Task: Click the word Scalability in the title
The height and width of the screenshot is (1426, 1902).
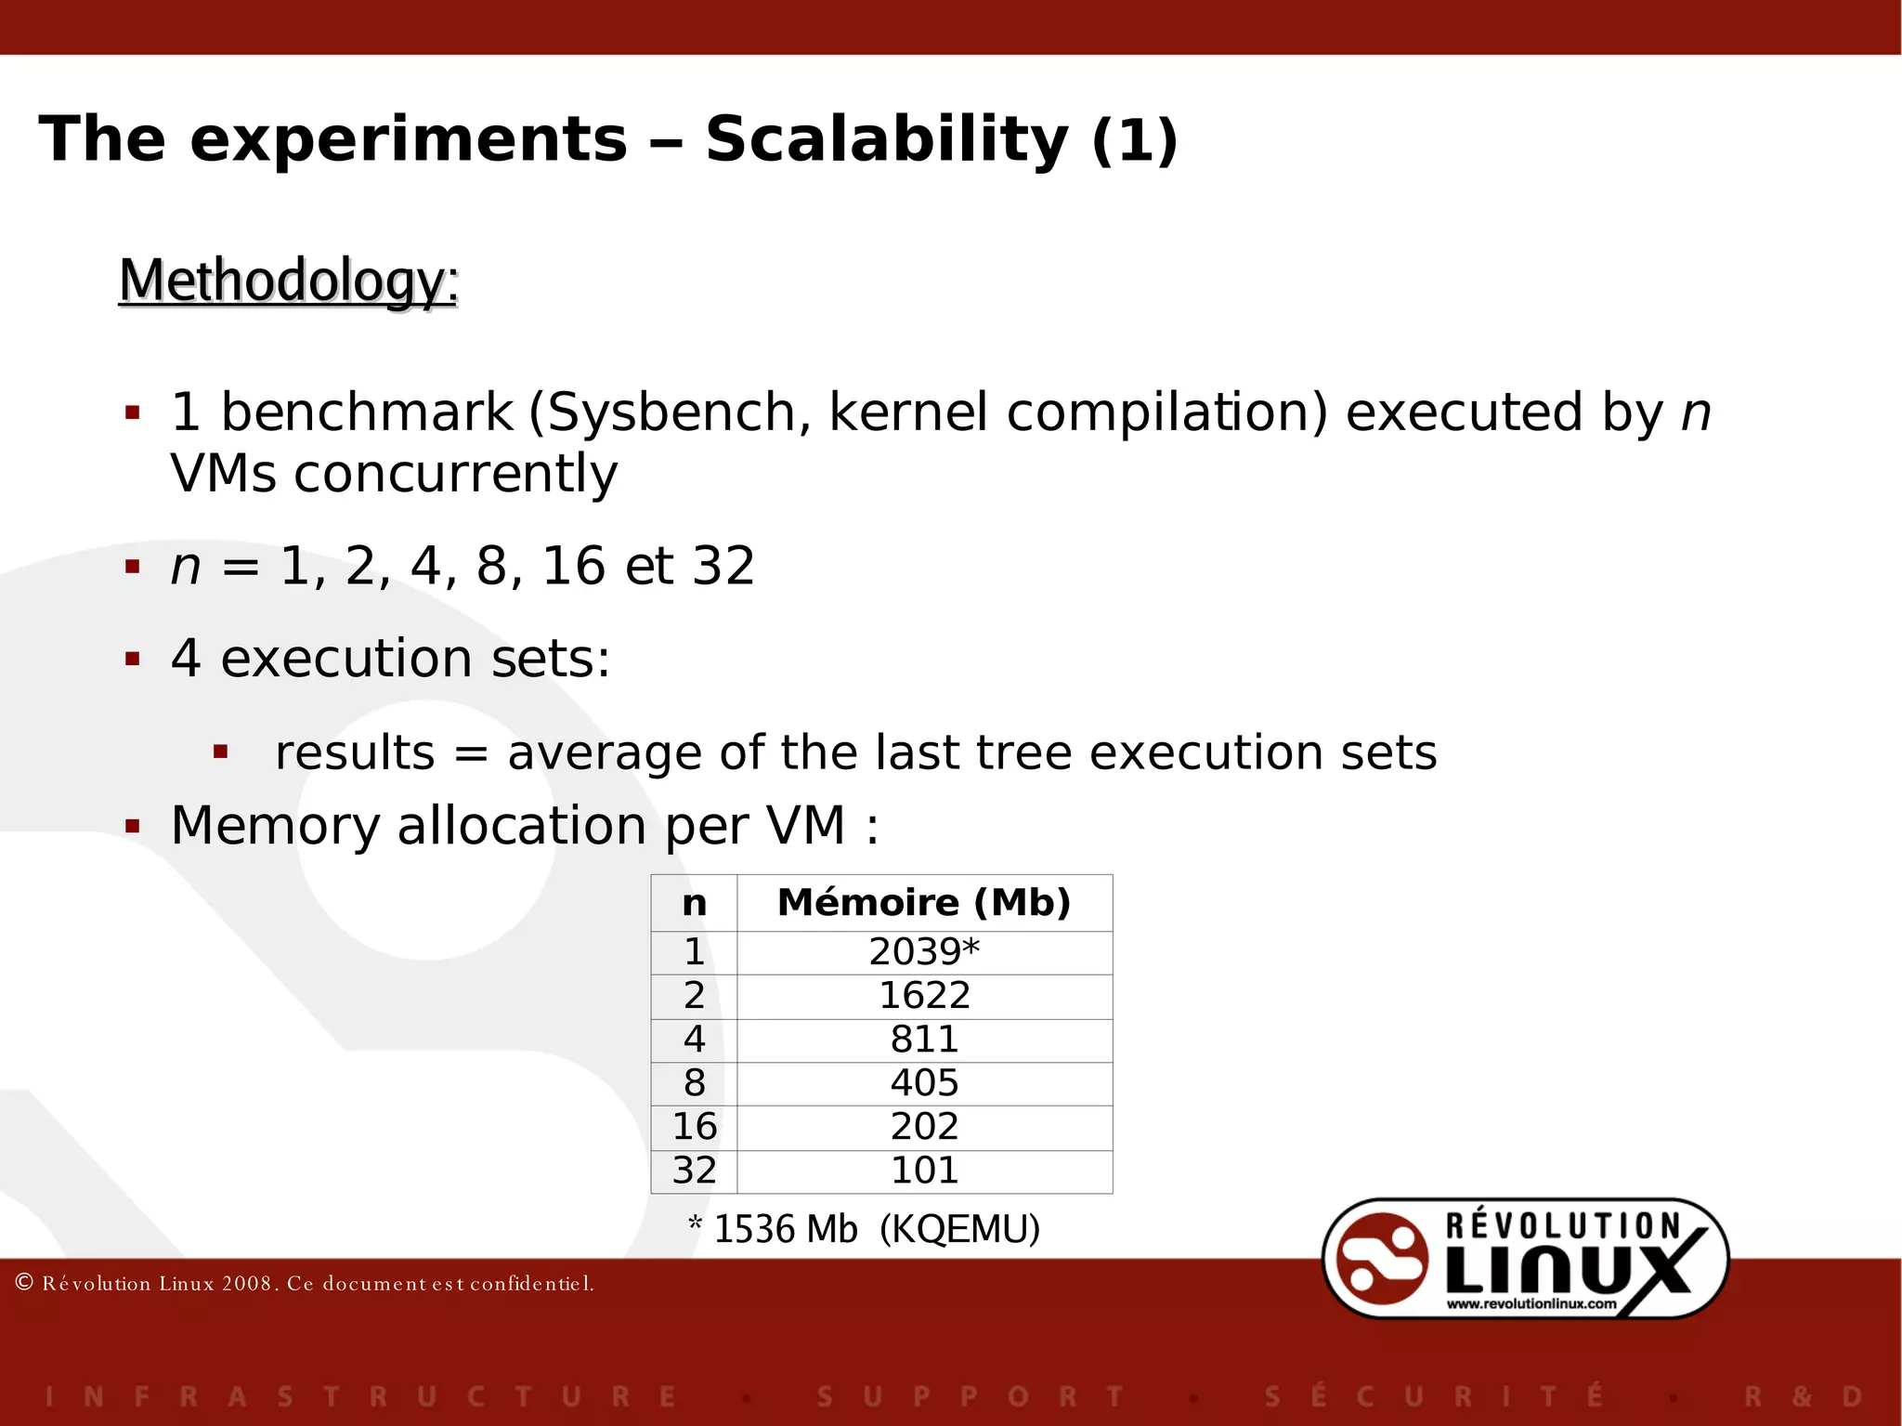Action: (x=887, y=139)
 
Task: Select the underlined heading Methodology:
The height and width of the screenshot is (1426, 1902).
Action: (x=289, y=281)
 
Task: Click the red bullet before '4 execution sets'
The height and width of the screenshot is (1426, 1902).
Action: (x=133, y=660)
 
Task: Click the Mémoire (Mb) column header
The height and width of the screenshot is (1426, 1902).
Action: (x=924, y=903)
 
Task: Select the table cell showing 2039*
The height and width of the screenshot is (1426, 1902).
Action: (x=924, y=952)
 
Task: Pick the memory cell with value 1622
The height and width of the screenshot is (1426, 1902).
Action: (x=924, y=996)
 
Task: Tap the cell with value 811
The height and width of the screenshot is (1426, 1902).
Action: (x=924, y=1040)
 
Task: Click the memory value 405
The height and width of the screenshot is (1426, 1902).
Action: (x=924, y=1083)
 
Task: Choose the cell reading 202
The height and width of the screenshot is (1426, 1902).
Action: (x=924, y=1127)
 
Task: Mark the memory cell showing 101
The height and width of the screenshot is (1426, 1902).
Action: (x=924, y=1171)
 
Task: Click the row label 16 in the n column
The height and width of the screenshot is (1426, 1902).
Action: (x=694, y=1127)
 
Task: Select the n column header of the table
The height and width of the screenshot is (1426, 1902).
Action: (x=694, y=903)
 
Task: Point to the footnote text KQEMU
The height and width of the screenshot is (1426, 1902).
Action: (x=959, y=1229)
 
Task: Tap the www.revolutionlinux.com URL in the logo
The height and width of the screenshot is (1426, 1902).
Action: (x=1531, y=1303)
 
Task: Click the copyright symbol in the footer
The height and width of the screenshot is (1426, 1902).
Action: (x=25, y=1283)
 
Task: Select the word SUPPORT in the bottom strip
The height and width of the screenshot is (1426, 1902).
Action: (x=971, y=1396)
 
